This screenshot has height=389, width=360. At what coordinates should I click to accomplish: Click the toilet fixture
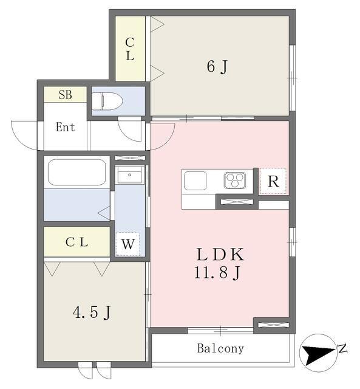(x=107, y=102)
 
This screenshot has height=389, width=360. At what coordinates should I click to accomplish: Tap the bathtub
(x=77, y=172)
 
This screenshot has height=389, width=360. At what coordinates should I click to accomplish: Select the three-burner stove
(x=234, y=180)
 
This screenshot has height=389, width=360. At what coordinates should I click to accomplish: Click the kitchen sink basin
(x=195, y=181)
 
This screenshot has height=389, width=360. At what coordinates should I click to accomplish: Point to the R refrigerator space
(x=273, y=181)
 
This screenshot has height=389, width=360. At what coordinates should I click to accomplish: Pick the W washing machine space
(x=128, y=244)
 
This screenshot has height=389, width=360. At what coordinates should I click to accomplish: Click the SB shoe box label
(x=66, y=95)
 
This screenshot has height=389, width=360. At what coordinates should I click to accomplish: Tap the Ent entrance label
(x=65, y=127)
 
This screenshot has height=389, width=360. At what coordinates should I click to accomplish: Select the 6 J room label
(x=217, y=67)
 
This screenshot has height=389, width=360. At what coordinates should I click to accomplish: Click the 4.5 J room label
(x=92, y=312)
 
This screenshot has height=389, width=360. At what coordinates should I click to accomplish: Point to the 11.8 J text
(x=217, y=272)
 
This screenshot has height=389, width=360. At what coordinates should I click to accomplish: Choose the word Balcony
(x=220, y=348)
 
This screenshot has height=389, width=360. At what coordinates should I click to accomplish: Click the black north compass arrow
(x=319, y=353)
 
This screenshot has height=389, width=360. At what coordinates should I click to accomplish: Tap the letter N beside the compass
(x=342, y=348)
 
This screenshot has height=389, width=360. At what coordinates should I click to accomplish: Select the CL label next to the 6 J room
(x=130, y=49)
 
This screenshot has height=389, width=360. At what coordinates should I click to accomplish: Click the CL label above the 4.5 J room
(x=77, y=242)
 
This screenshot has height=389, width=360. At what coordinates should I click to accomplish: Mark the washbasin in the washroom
(x=129, y=174)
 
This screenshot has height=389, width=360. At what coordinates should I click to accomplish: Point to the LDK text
(x=220, y=254)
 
